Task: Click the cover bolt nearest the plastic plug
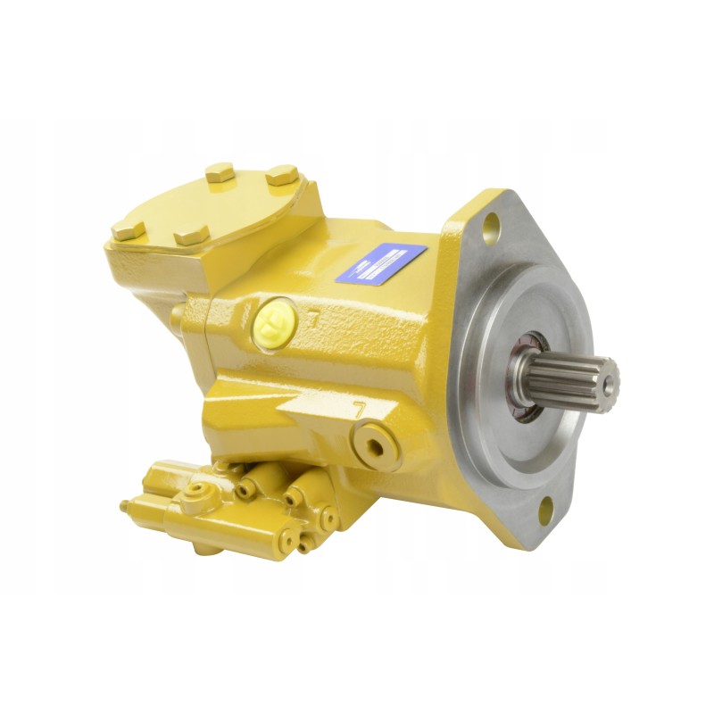(x=191, y=237)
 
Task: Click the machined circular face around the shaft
(x=500, y=419)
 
